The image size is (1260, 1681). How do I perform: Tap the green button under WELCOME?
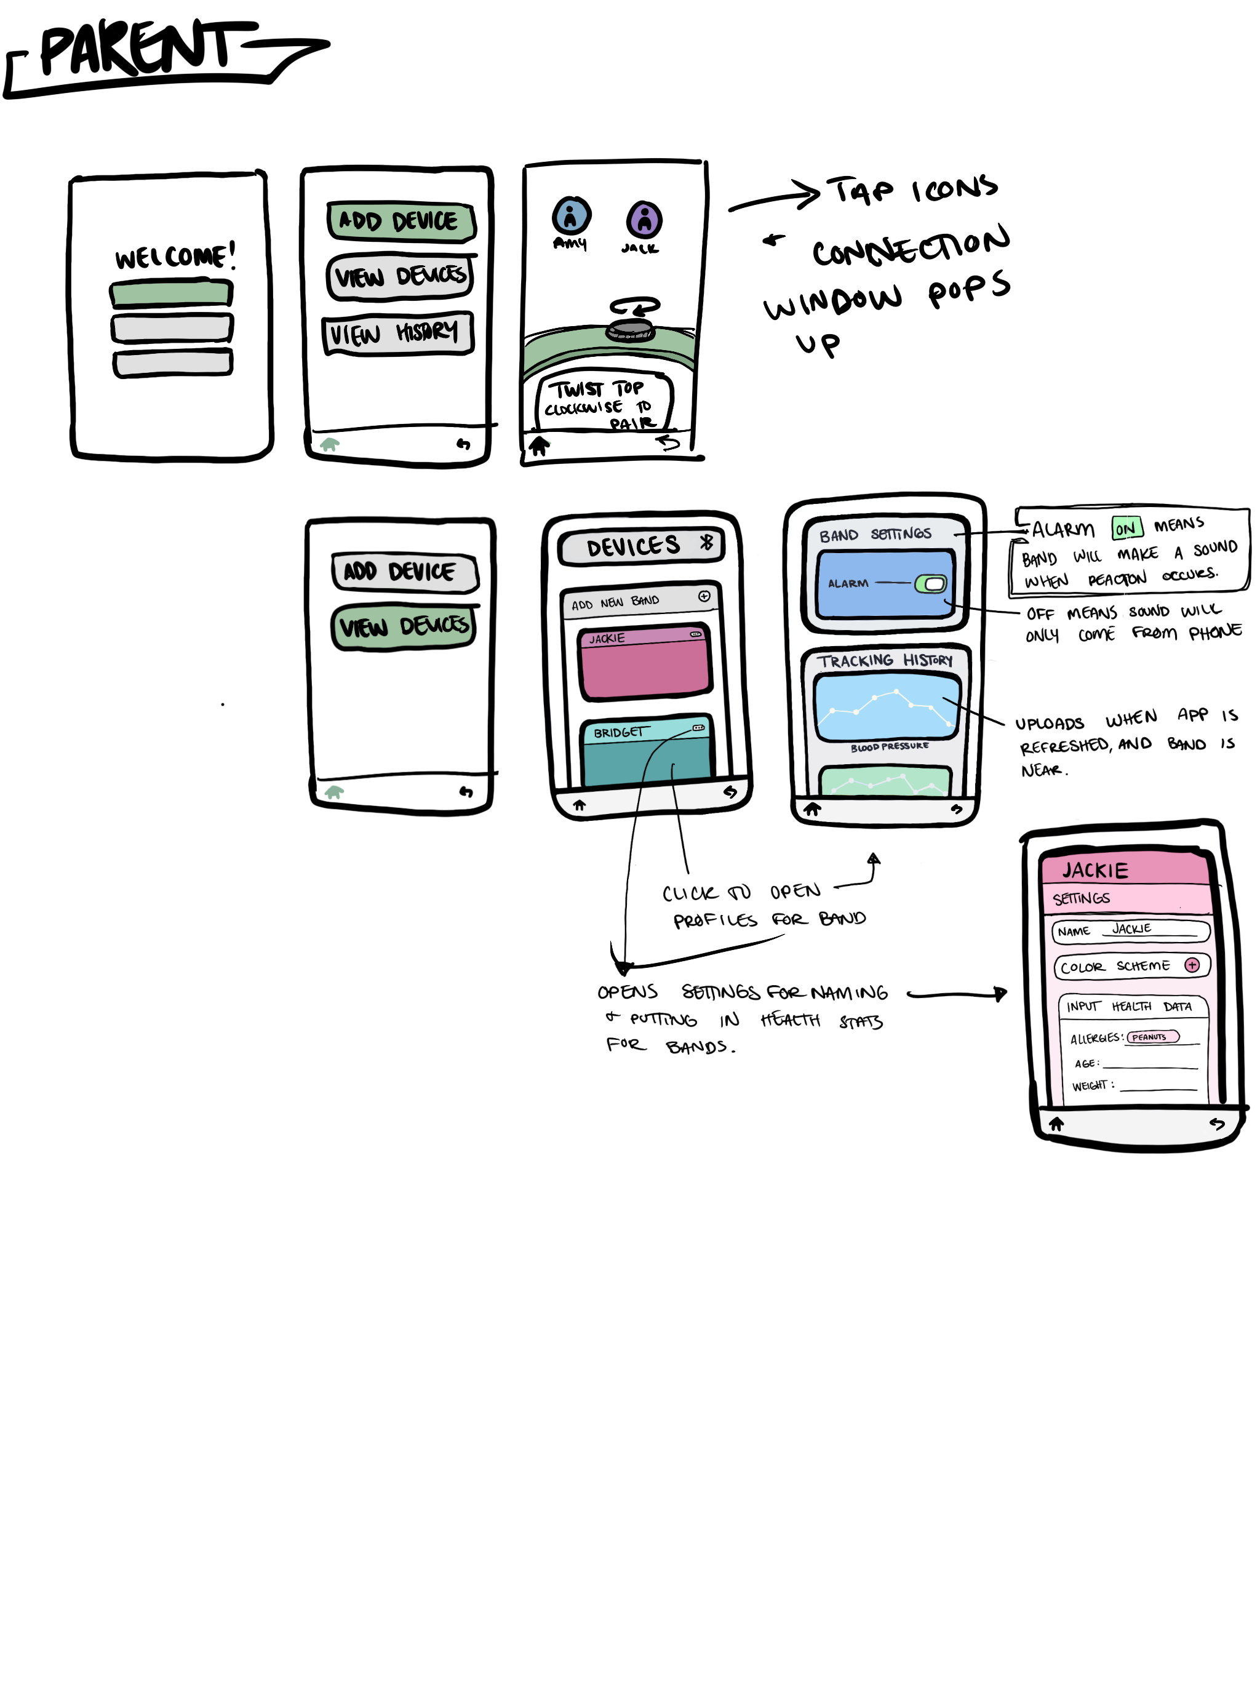click(x=171, y=293)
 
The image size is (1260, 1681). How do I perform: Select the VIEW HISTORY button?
click(x=397, y=333)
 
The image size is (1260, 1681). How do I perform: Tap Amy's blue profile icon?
click(x=571, y=216)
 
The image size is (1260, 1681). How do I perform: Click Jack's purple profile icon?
click(x=644, y=220)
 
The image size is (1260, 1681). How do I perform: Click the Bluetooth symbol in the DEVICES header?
click(x=706, y=542)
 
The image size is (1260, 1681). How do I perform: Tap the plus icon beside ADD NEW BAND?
click(x=704, y=597)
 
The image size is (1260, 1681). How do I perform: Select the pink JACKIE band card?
click(x=644, y=661)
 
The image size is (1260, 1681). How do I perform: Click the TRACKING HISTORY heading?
click(x=884, y=660)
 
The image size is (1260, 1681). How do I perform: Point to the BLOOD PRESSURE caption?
click(x=889, y=747)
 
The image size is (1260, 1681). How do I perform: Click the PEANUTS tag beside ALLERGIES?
click(x=1151, y=1037)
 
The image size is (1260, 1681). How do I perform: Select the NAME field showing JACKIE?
click(x=1130, y=930)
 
